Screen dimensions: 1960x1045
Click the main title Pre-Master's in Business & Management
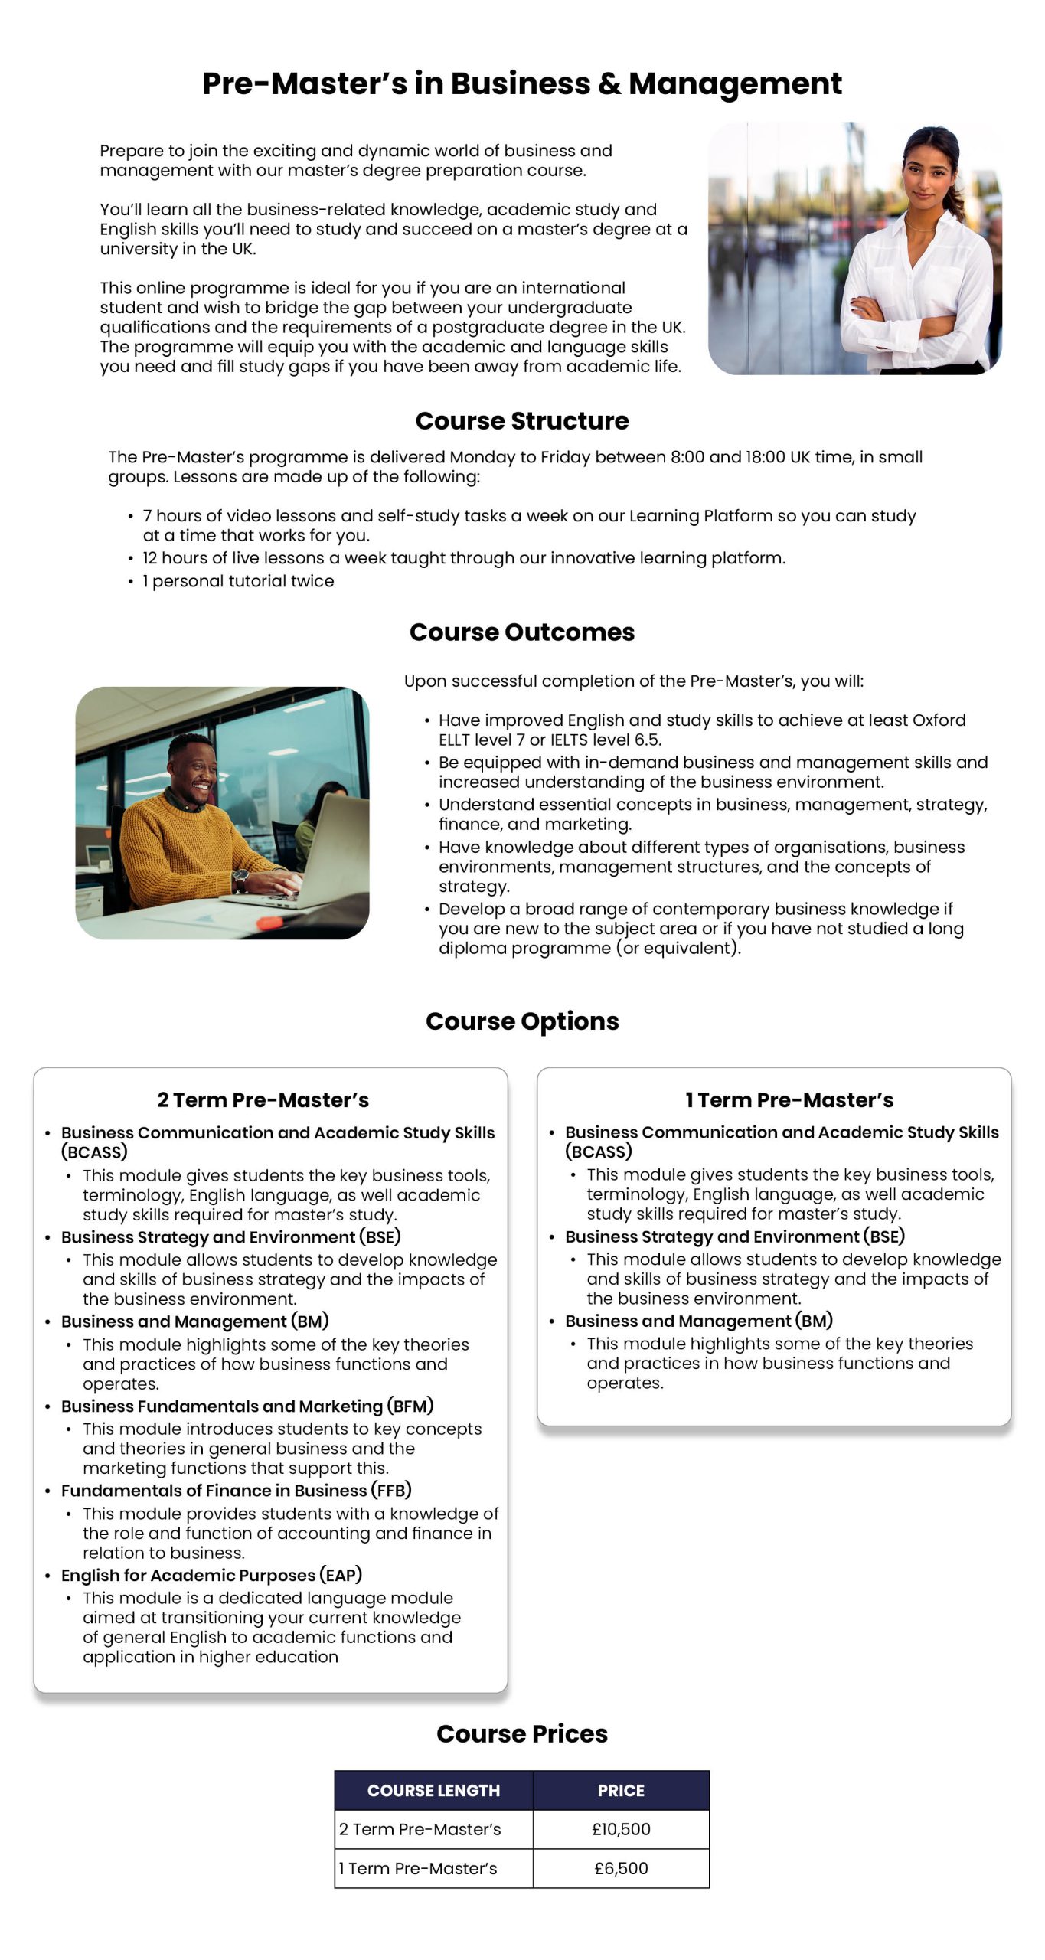tap(521, 83)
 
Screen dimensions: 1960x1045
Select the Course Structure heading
tap(521, 420)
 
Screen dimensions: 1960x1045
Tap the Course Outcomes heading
tap(521, 632)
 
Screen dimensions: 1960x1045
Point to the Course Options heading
tap(521, 1021)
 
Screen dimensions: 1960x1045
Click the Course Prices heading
tap(521, 1733)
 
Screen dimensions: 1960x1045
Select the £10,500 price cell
tap(621, 1829)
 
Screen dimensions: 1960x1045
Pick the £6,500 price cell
tap(621, 1868)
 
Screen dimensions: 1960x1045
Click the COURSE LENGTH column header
tap(433, 1790)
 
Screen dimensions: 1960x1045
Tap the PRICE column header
tap(621, 1790)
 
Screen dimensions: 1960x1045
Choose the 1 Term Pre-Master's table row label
tap(419, 1868)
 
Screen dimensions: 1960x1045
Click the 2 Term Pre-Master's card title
tap(263, 1100)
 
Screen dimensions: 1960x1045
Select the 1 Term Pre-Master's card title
tap(789, 1100)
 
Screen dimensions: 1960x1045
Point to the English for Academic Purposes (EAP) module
tap(211, 1575)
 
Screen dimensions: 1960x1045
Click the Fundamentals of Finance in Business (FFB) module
tap(236, 1490)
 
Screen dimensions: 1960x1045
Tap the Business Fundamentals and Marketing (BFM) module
tap(247, 1406)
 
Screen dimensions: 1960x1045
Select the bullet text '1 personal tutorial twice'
tap(238, 580)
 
